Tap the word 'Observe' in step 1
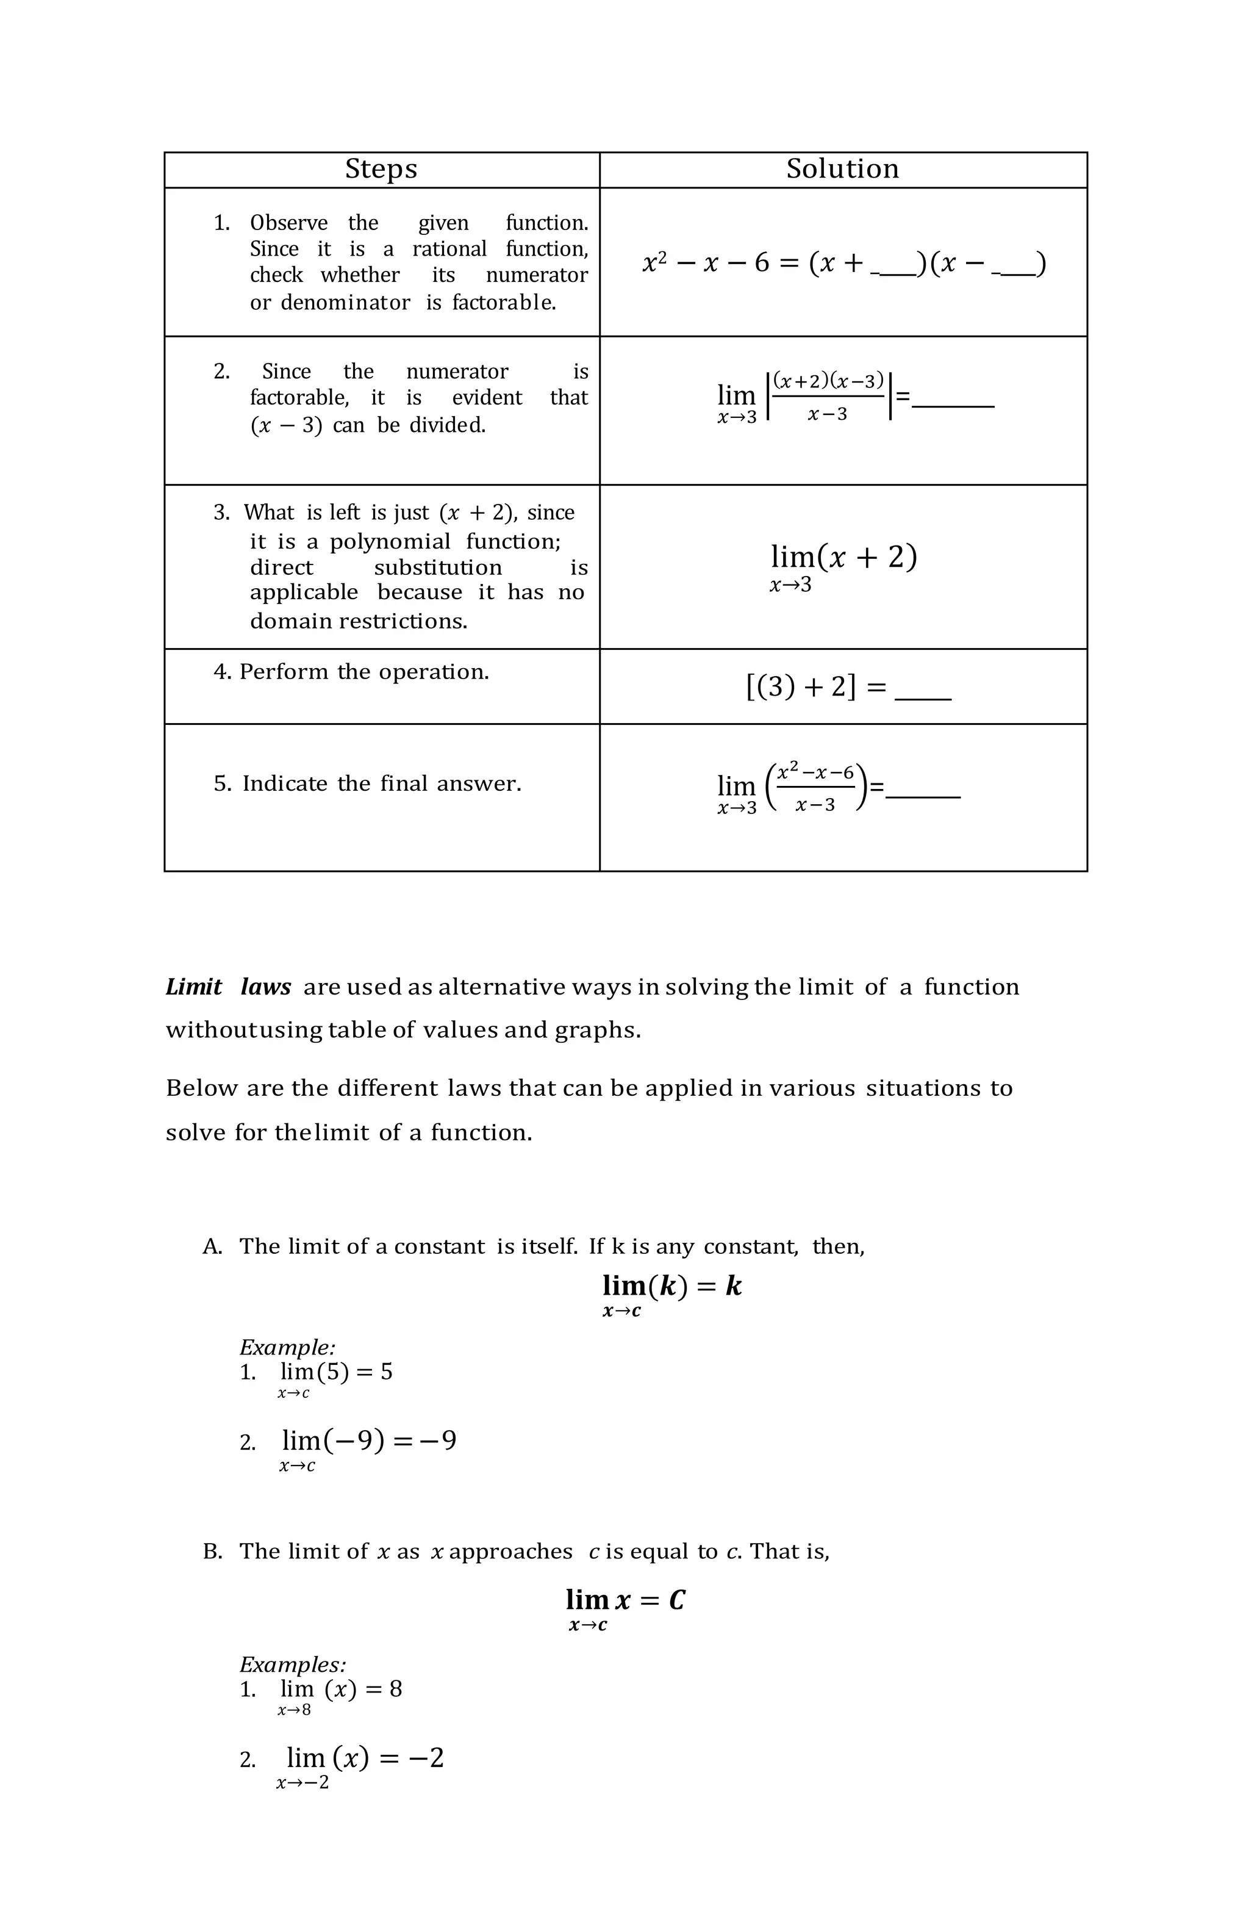point(288,223)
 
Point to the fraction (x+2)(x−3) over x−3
point(828,396)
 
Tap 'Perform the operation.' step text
point(363,672)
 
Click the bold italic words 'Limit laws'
point(228,987)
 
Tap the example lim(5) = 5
point(335,1372)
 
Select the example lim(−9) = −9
point(368,1441)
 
